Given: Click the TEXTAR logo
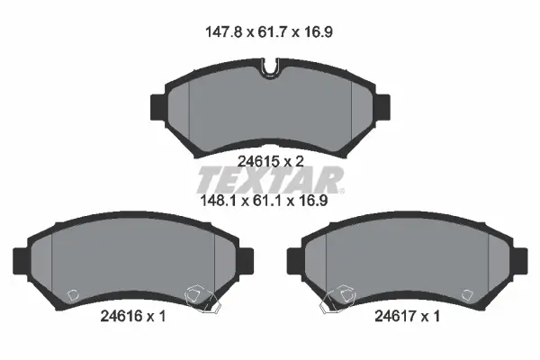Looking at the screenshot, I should tap(270, 179).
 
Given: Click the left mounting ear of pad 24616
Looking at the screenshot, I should tap(21, 259).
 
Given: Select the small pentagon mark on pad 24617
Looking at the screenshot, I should tap(466, 294).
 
